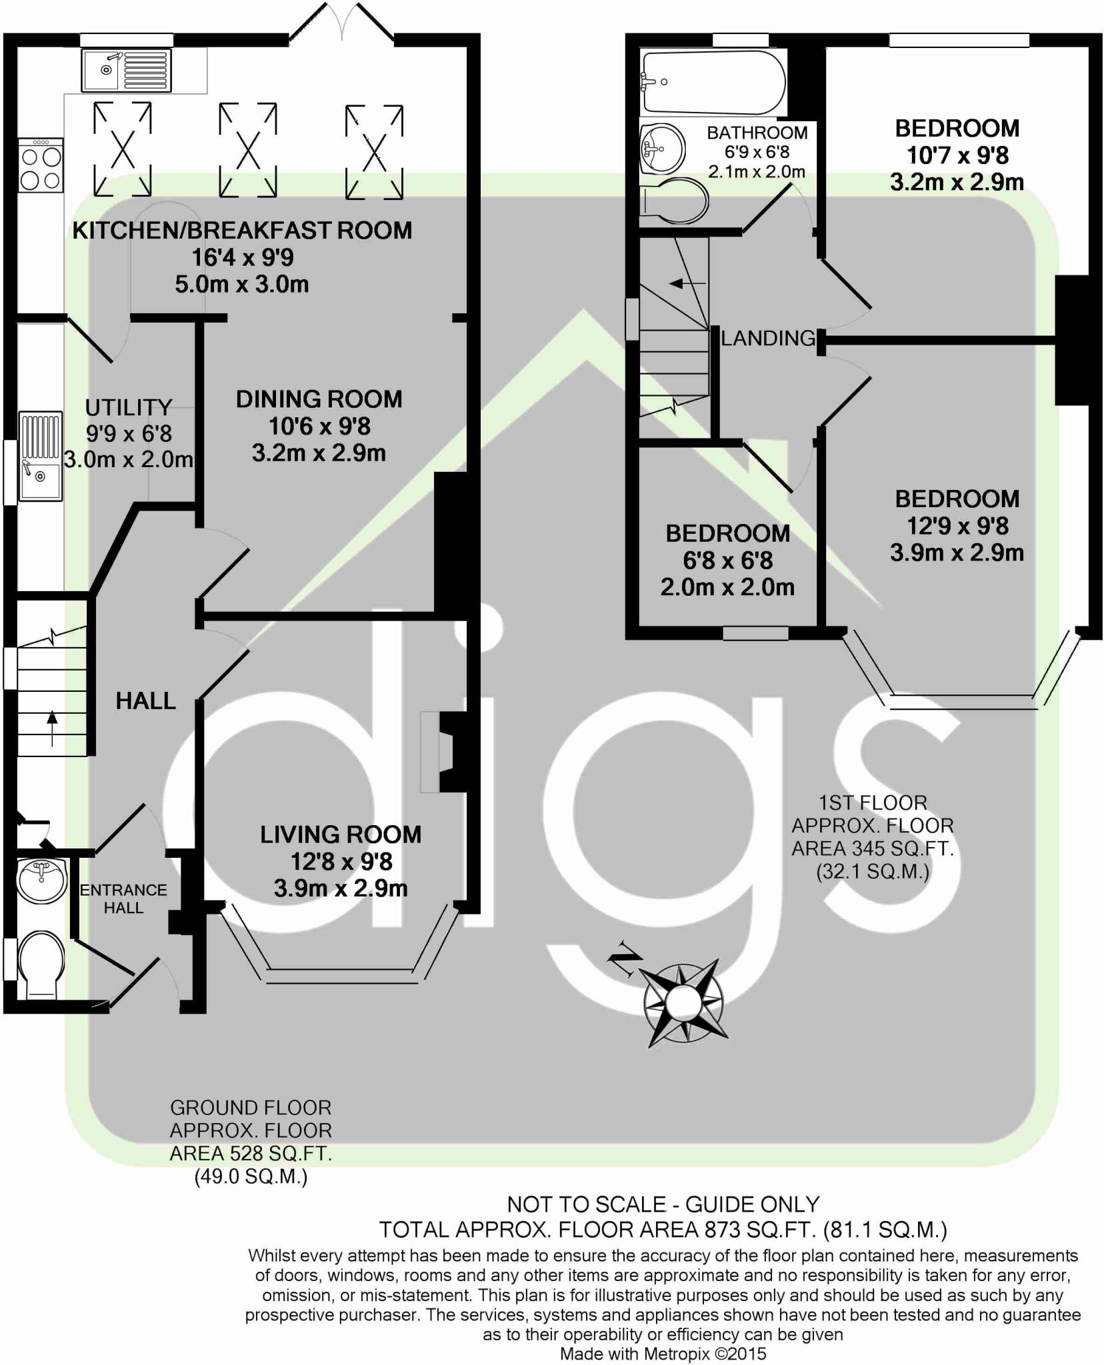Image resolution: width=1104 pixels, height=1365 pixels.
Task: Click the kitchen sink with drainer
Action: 125,69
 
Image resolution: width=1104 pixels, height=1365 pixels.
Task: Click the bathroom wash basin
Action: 662,149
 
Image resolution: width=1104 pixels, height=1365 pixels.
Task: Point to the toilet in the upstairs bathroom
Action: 673,201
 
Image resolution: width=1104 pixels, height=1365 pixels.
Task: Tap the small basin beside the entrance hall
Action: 42,879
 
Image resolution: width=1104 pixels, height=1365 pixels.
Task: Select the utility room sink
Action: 41,457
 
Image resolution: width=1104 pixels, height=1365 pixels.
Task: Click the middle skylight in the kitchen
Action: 247,150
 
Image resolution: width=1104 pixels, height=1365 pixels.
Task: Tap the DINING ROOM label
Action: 319,399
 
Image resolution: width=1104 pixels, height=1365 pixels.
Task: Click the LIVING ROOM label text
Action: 340,834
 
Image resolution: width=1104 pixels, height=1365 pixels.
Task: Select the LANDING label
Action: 768,339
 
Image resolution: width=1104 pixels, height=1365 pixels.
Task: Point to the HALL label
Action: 145,700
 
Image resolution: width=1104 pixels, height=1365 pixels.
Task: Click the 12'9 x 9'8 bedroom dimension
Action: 957,526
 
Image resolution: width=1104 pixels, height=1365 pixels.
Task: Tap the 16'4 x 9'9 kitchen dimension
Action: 243,257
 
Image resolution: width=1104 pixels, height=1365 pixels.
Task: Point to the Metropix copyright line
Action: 663,1354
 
